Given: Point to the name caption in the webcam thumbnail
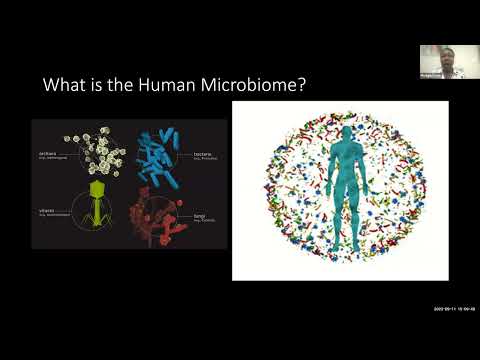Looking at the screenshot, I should (x=432, y=73).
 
